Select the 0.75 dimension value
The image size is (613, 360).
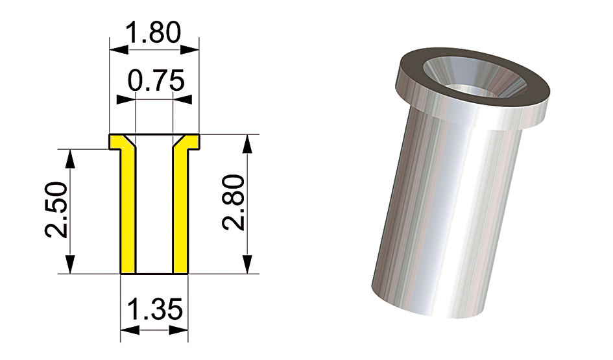(156, 80)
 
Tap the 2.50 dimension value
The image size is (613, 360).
(56, 210)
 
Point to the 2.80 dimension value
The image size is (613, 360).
(234, 202)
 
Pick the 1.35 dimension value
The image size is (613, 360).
(155, 309)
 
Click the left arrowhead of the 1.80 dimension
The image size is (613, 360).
(119, 49)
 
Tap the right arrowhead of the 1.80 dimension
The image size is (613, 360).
(189, 49)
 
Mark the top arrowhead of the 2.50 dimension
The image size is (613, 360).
(70, 159)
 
